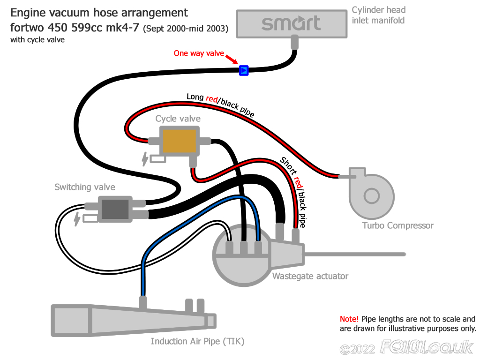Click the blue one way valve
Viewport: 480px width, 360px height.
[x=243, y=70]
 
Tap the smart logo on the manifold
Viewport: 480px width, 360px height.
[x=291, y=23]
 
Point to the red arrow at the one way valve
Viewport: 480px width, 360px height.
[x=232, y=60]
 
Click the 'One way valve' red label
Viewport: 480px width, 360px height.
[x=199, y=53]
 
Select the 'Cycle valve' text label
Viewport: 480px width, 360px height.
[x=178, y=119]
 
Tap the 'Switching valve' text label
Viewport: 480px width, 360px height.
[x=85, y=187]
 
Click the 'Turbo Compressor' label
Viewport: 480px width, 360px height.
[x=397, y=225]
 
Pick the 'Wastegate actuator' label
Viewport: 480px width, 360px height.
[x=310, y=276]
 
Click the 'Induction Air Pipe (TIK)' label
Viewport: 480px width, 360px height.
[x=197, y=341]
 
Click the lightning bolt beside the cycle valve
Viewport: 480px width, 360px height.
[x=145, y=159]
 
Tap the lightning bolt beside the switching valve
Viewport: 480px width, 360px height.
[x=77, y=218]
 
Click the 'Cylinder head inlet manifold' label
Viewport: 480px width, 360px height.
[x=378, y=15]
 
